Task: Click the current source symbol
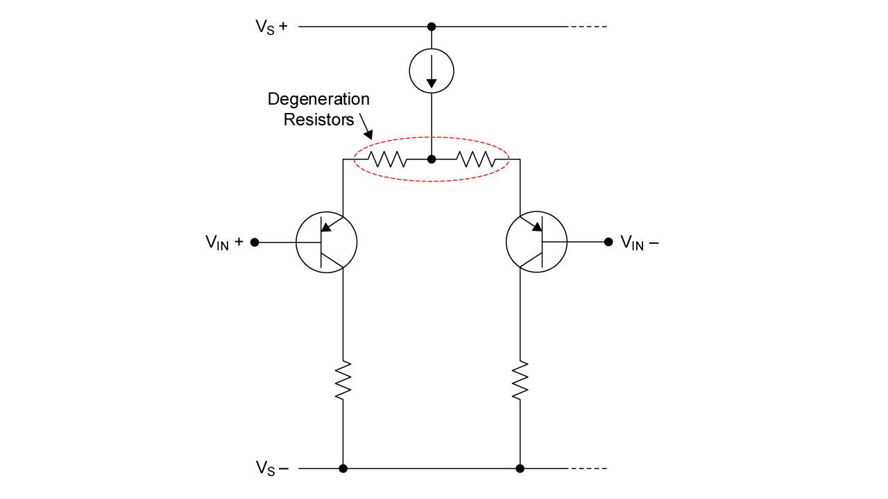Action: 432,71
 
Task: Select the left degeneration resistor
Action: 387,159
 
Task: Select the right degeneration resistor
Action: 476,159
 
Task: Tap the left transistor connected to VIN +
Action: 326,243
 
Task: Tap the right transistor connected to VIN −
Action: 536,242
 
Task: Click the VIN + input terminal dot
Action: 255,243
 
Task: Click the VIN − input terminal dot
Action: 608,242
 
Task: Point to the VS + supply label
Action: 271,27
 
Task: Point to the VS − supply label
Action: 271,469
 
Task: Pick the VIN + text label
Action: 224,243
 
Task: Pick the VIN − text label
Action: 639,243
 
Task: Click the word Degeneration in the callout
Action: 318,99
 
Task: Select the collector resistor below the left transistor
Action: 343,380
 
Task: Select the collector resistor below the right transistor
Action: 520,380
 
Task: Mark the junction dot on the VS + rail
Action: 432,27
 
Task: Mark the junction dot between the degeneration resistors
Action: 432,159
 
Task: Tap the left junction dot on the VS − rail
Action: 343,469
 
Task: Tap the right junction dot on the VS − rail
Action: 520,469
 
